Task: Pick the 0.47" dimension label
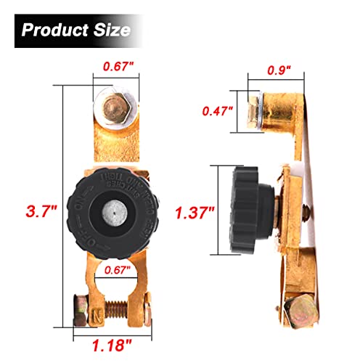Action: [x=218, y=111]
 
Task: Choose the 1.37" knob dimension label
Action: [x=195, y=213]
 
